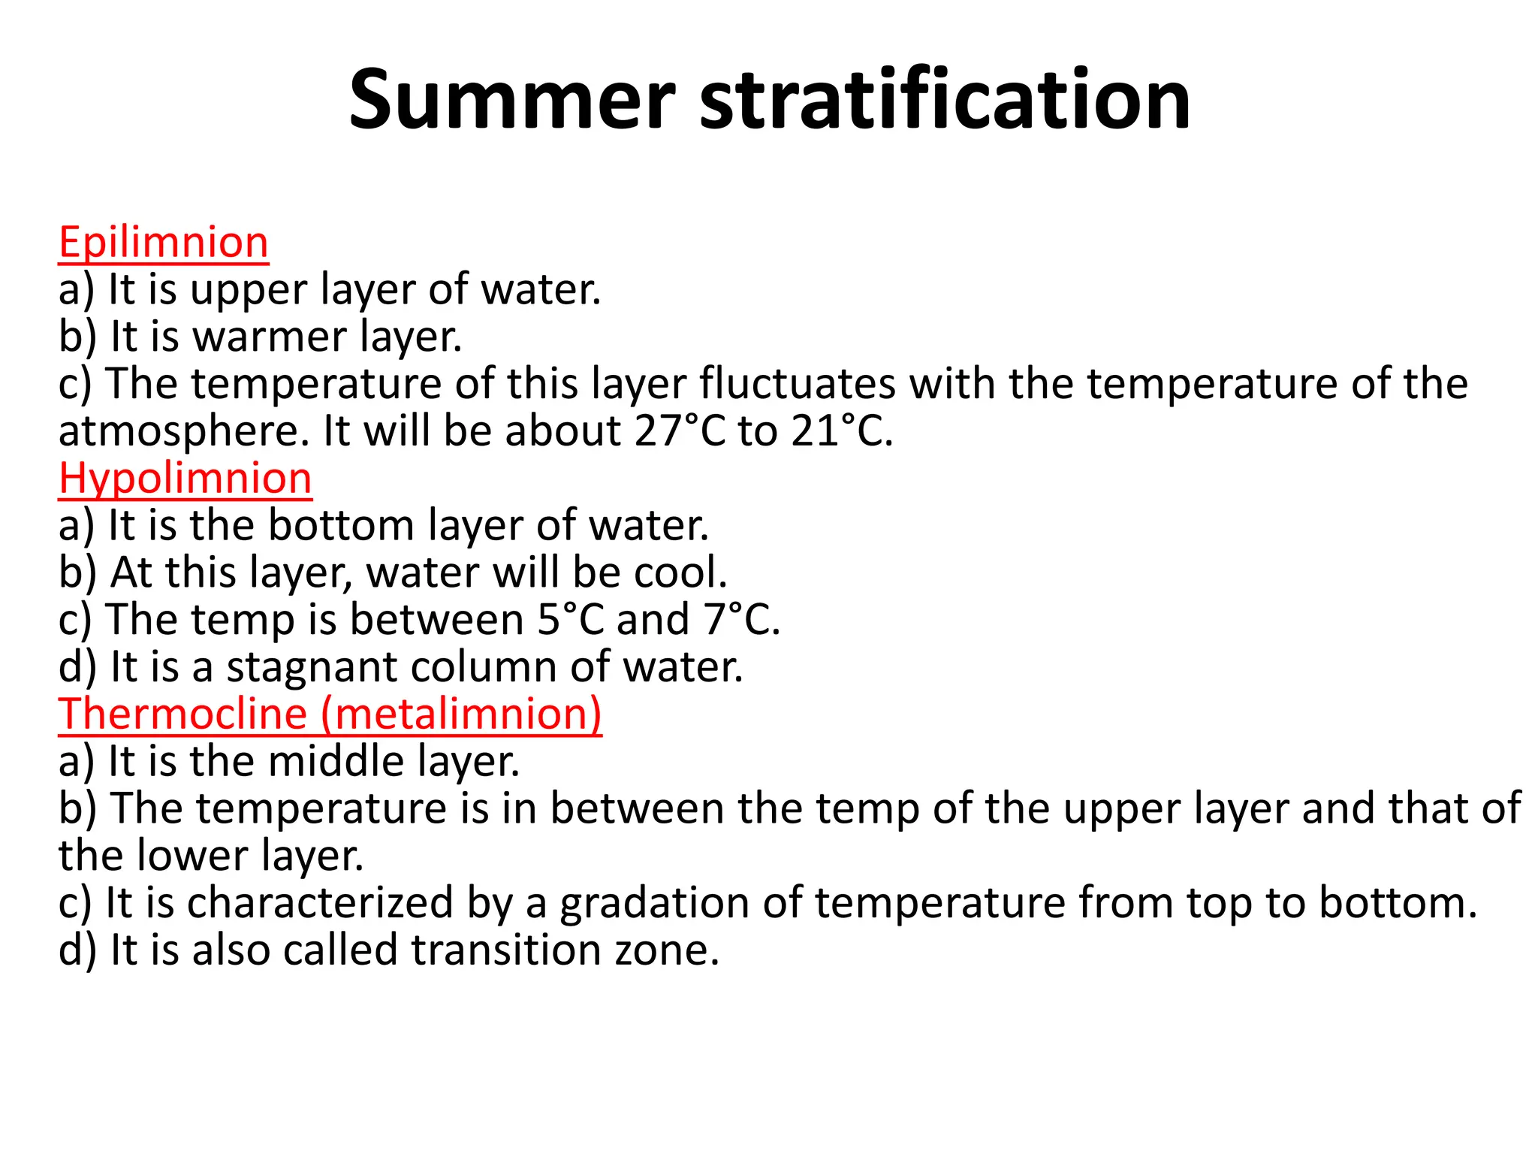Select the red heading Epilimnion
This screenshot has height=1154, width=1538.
163,243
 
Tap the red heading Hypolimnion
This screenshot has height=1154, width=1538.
185,479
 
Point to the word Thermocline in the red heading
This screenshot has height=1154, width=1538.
182,714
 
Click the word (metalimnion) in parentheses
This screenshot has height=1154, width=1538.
461,714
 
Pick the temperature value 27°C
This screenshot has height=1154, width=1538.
680,431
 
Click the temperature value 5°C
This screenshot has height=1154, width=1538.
571,620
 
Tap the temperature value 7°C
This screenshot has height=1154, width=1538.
740,620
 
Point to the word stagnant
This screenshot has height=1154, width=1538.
312,667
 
